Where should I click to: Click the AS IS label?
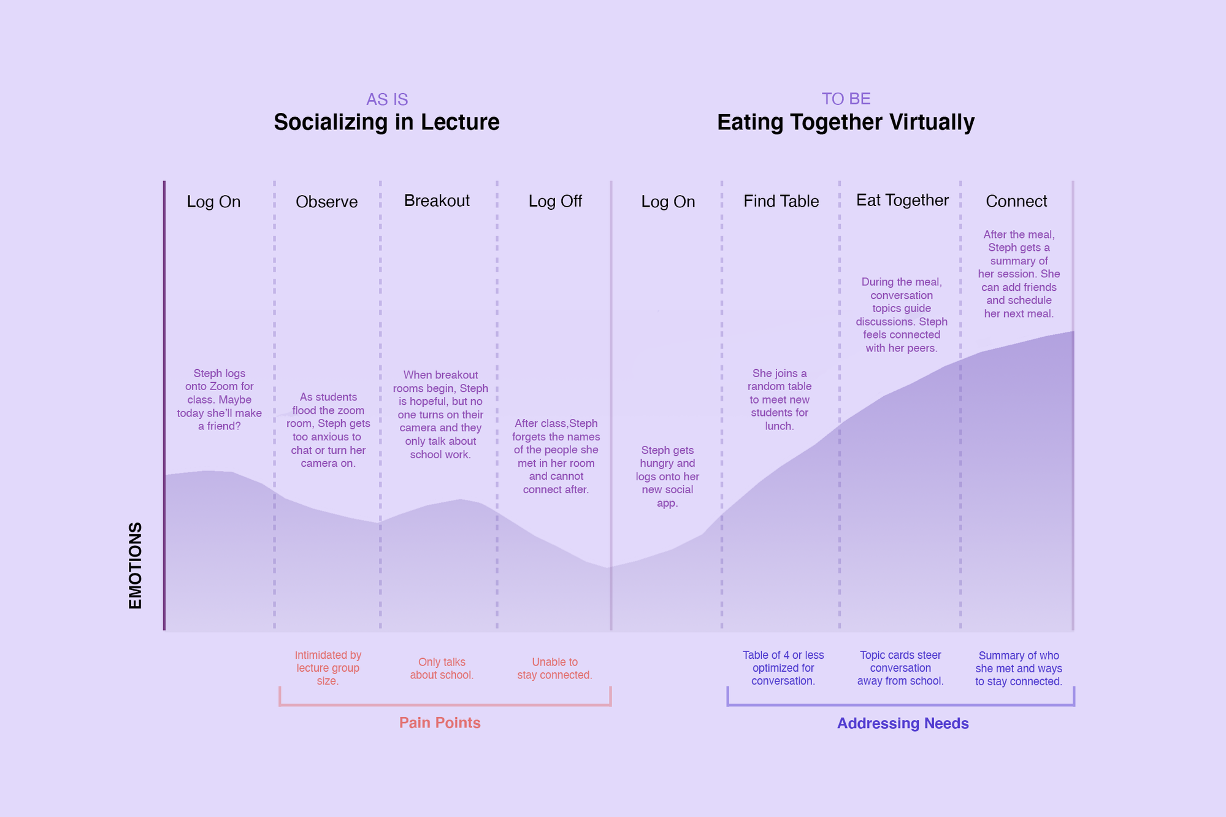point(387,99)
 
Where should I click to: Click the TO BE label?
point(846,99)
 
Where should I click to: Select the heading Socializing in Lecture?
point(386,122)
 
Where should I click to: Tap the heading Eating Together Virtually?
point(846,122)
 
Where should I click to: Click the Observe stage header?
point(326,202)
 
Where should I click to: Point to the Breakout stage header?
point(437,201)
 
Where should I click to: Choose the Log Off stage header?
point(555,201)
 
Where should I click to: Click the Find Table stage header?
point(781,201)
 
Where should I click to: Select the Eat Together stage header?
point(902,201)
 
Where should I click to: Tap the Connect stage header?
point(1016,201)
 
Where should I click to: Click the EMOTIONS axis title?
point(135,566)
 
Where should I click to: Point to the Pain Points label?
point(440,723)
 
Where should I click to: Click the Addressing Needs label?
point(903,723)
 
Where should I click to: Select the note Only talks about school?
point(442,669)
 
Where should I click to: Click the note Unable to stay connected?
point(554,669)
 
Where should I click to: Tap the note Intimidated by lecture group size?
point(328,668)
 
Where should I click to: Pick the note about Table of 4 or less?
point(783,668)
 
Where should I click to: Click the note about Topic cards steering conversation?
point(900,668)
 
